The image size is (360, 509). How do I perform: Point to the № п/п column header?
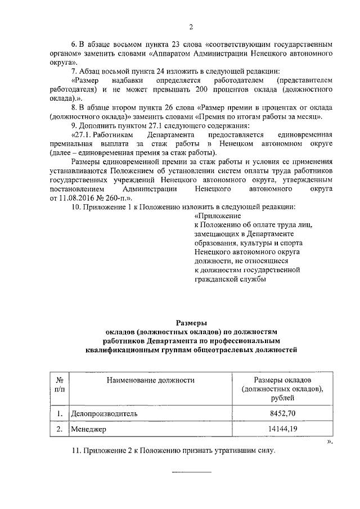tap(59, 385)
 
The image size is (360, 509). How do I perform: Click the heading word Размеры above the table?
tap(191, 323)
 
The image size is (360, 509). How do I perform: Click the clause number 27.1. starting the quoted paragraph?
tap(90, 136)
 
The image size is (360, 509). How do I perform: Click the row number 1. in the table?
tap(59, 414)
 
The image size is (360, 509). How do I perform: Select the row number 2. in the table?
tap(59, 430)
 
